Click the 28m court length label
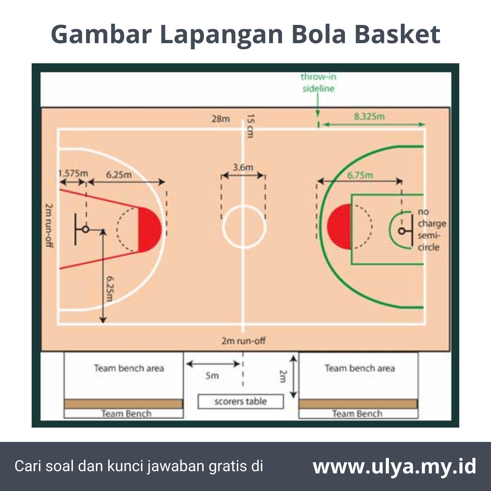tap(221, 119)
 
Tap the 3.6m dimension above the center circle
tap(243, 167)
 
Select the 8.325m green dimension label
tap(369, 116)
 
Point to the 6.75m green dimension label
tap(360, 175)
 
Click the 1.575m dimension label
tap(73, 173)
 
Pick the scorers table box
tap(240, 401)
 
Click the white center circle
tap(244, 227)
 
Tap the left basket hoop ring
tap(85, 229)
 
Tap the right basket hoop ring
tap(401, 231)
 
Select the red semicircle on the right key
tap(339, 226)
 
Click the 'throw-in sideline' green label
tap(318, 82)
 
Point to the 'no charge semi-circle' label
tap(432, 229)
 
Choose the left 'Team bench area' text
tap(129, 368)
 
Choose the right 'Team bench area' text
tap(360, 368)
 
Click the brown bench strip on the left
tap(123, 404)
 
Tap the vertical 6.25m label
tap(110, 289)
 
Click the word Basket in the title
tap(397, 34)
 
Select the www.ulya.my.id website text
tap(394, 466)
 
